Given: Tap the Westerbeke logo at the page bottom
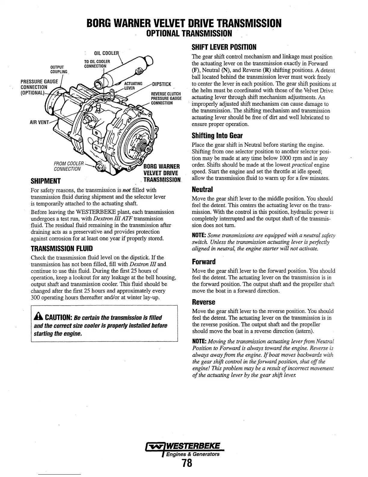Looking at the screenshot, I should [x=184, y=450].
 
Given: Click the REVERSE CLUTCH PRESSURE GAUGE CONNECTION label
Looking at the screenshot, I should [x=166, y=98].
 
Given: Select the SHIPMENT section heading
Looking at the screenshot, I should [x=46, y=181].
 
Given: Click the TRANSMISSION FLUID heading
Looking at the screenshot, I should [x=62, y=248].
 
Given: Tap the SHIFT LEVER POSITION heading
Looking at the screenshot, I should [x=224, y=47].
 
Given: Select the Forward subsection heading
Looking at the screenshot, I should [x=204, y=261].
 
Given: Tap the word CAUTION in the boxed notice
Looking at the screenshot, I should [x=57, y=318].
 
